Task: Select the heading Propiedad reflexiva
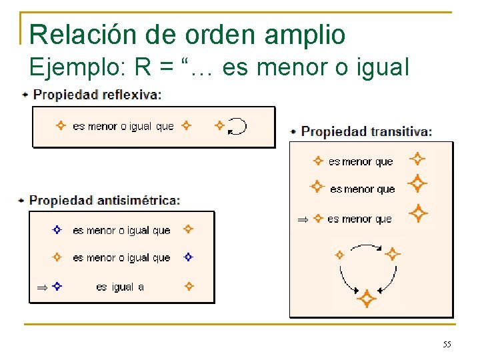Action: pyautogui.click(x=97, y=95)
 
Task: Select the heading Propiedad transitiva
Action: pyautogui.click(x=366, y=131)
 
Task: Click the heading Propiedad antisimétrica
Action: pyautogui.click(x=104, y=200)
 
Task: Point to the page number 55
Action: pyautogui.click(x=447, y=344)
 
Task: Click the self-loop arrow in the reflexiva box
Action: pyautogui.click(x=237, y=126)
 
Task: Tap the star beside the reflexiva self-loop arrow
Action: pyautogui.click(x=219, y=125)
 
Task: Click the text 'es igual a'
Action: pyautogui.click(x=120, y=287)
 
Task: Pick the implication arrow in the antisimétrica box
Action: pyautogui.click(x=41, y=287)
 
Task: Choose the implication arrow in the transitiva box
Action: pyautogui.click(x=303, y=219)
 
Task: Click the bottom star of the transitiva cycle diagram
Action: pyautogui.click(x=366, y=299)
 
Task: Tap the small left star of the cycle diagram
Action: pyautogui.click(x=339, y=254)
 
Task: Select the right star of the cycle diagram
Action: pyautogui.click(x=393, y=254)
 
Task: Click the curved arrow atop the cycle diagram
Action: pyautogui.click(x=365, y=247)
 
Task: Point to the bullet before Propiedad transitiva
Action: pyautogui.click(x=293, y=132)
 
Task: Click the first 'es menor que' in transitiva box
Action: pyautogui.click(x=361, y=162)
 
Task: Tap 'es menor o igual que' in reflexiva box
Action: pyautogui.click(x=123, y=126)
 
